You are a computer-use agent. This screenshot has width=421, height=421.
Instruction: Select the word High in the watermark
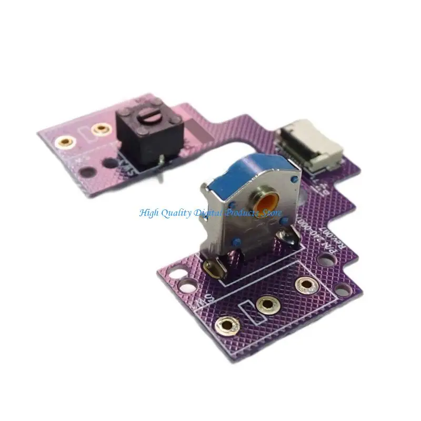pyautogui.click(x=150, y=213)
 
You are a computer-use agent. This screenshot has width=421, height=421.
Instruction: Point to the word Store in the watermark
pyautogui.click(x=269, y=213)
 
